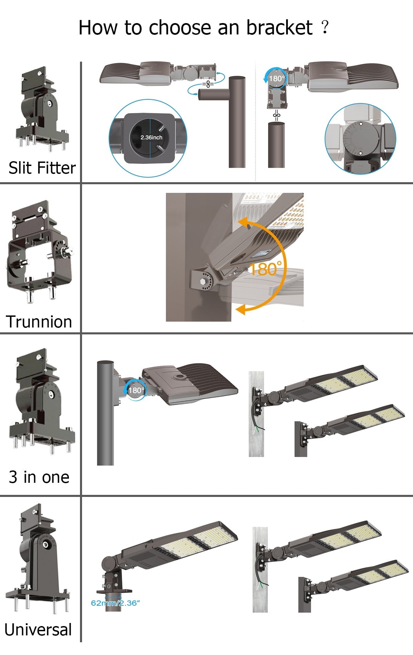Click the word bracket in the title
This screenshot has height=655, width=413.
[279, 28]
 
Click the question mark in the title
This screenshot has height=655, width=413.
[324, 27]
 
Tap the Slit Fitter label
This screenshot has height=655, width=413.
[42, 168]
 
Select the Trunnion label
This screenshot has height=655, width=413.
[39, 322]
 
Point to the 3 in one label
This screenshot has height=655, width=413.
[39, 477]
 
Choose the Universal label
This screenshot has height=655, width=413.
[38, 630]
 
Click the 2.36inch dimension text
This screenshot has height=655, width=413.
[151, 137]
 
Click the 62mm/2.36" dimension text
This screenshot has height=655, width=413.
[115, 603]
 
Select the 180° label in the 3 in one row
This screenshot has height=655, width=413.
[137, 390]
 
